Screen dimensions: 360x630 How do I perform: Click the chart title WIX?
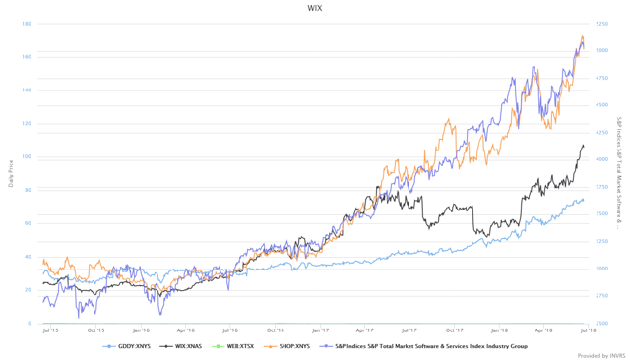tap(315, 8)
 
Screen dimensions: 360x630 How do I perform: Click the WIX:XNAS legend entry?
tap(183, 346)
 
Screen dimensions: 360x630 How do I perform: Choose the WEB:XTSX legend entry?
tap(237, 346)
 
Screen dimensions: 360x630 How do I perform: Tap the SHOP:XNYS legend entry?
tap(291, 346)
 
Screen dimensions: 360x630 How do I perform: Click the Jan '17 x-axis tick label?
tap(319, 330)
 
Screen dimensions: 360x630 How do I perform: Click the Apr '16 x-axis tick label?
tap(185, 330)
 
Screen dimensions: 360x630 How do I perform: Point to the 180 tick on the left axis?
tap(26, 24)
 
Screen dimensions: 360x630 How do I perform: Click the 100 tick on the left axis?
tap(26, 157)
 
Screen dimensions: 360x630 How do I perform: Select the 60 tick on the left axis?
tap(27, 223)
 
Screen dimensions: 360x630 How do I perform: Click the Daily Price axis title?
tap(11, 173)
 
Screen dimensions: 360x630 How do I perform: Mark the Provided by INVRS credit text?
tap(599, 356)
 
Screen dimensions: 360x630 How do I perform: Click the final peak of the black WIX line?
tap(582, 146)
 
